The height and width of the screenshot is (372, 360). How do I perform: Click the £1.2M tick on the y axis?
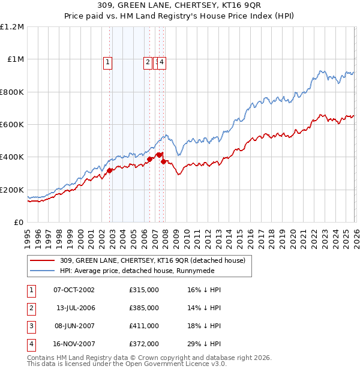pyautogui.click(x=12, y=27)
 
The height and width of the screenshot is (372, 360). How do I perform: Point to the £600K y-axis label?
pyautogui.click(x=12, y=125)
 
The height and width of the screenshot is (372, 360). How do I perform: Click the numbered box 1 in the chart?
pyautogui.click(x=107, y=61)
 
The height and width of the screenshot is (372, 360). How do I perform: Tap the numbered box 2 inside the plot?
pyautogui.click(x=148, y=61)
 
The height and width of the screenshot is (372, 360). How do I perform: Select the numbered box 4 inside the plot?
pyautogui.click(x=162, y=61)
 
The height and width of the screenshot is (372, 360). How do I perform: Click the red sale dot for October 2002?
pyautogui.click(x=110, y=171)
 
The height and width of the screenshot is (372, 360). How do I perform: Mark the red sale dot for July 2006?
pyautogui.click(x=150, y=160)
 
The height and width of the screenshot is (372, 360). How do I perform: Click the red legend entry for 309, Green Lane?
pyautogui.click(x=152, y=261)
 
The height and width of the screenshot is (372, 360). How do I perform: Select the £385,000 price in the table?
pyautogui.click(x=143, y=308)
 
